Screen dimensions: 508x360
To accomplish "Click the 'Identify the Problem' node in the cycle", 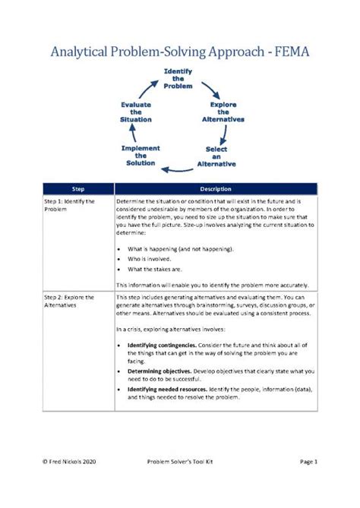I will click(x=178, y=78).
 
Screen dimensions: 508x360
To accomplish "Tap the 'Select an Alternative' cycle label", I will click(x=216, y=156).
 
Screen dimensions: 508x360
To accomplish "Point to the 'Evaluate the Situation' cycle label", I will click(x=136, y=112).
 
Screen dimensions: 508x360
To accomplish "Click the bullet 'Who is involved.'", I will click(x=149, y=258).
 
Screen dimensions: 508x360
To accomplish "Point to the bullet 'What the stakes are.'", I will click(x=154, y=270).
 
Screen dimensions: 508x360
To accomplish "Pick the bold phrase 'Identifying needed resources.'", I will click(x=166, y=388).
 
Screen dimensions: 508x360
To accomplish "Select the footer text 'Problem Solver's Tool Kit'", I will click(x=180, y=482).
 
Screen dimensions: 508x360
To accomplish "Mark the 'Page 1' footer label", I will click(x=312, y=482).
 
